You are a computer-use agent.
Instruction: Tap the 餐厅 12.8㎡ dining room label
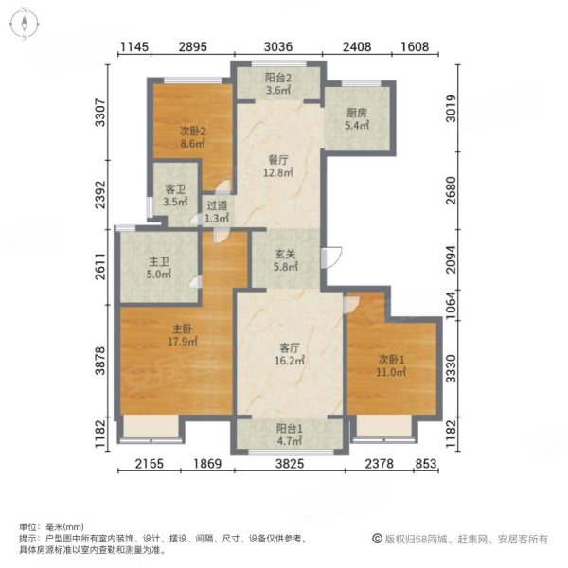[279, 167]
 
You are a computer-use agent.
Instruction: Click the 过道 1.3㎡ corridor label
[216, 211]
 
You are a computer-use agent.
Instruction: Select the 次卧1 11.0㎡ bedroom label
[390, 364]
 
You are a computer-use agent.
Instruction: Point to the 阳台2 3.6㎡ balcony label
[278, 84]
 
